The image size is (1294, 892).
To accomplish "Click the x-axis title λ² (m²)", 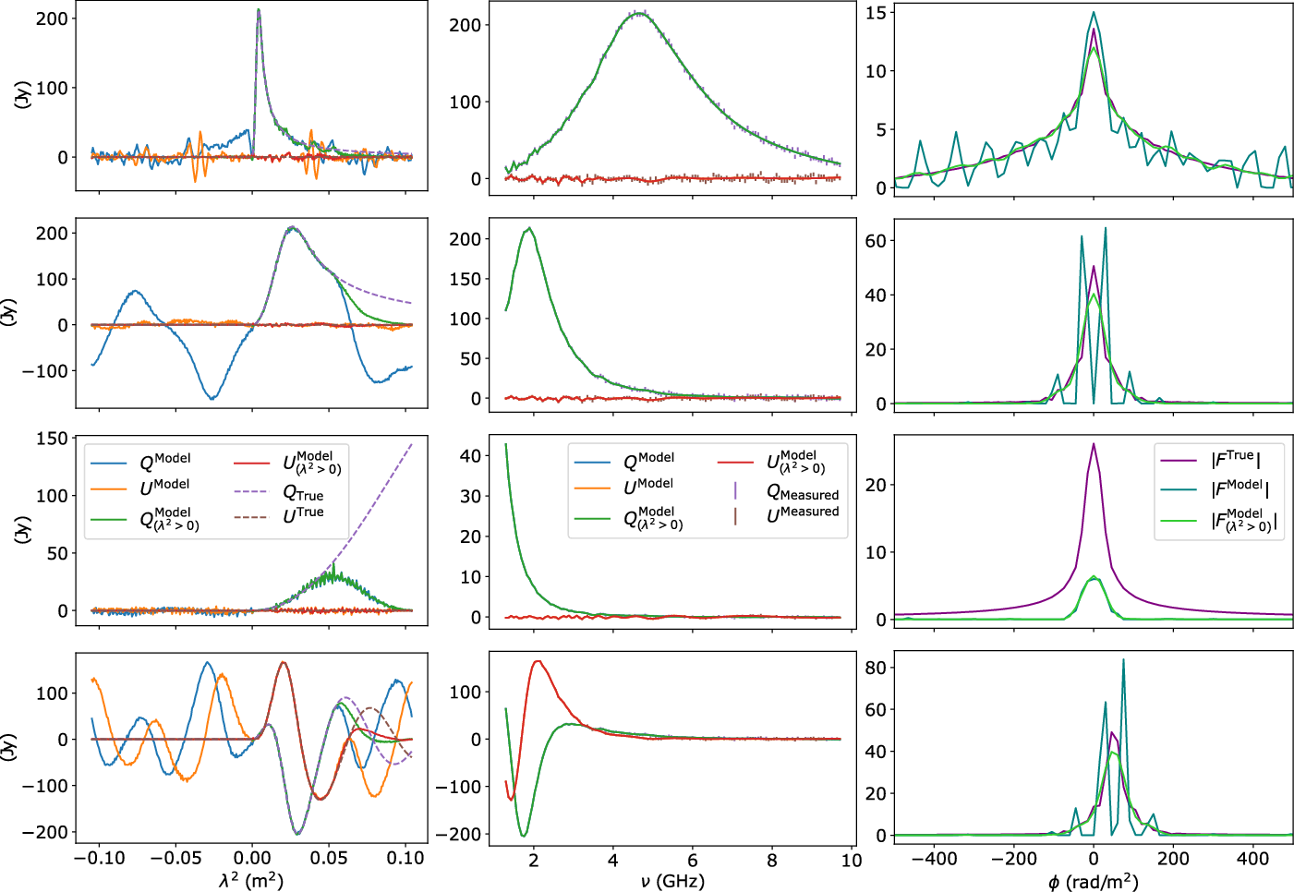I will click(251, 880).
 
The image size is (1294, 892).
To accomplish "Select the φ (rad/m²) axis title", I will click(1093, 881).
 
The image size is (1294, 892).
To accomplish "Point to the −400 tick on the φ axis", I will click(934, 859).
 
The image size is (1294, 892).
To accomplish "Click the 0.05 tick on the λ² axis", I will click(329, 858).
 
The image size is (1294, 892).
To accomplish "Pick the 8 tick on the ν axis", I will click(772, 860).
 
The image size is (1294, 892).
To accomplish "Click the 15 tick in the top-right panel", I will click(876, 12).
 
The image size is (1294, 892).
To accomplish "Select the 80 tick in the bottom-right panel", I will click(876, 668).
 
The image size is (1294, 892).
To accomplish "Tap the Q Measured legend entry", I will click(802, 493).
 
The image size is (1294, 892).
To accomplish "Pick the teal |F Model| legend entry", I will click(1239, 488).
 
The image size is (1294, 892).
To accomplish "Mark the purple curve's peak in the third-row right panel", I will click(1094, 443).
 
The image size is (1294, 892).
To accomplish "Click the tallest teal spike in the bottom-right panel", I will click(1123, 659).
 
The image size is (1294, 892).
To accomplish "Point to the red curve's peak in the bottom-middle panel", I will click(538, 661).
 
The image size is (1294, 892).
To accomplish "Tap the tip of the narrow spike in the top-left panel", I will click(259, 10).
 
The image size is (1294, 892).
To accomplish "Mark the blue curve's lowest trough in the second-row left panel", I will click(212, 399).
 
